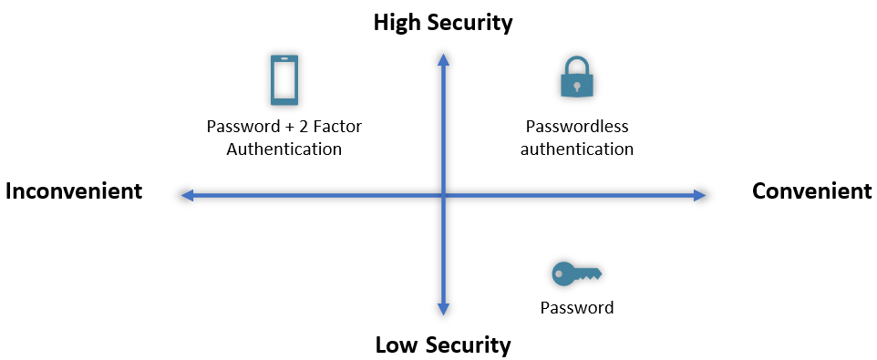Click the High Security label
pos(443,23)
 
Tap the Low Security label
pos(443,345)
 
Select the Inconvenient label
pos(74,191)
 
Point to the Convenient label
pos(811,191)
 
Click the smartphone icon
pos(284,80)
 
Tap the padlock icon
pos(576,78)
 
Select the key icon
pos(576,273)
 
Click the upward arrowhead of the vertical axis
pos(443,60)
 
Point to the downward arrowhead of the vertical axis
pos(443,311)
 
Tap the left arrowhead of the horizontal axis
pos(186,195)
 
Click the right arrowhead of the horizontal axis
pos(700,195)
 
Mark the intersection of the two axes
pos(443,195)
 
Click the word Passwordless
pos(577,128)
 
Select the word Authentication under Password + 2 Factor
pos(284,149)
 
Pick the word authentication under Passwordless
pos(577,149)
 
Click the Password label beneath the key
pos(577,307)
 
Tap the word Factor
pos(338,127)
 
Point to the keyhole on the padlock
pos(576,86)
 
